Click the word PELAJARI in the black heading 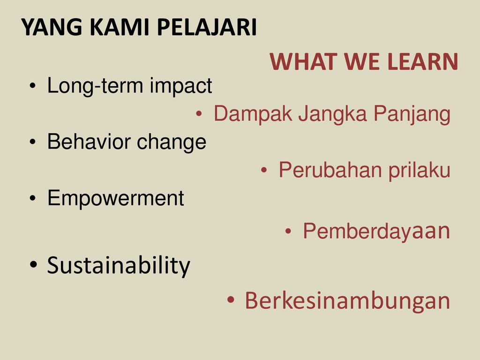[x=207, y=27]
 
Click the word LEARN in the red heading [x=422, y=61]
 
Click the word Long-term [x=95, y=86]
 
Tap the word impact [x=181, y=86]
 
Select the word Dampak [x=253, y=114]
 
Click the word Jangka [x=332, y=114]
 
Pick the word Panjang [x=412, y=114]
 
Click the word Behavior [x=89, y=142]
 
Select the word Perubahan [x=330, y=170]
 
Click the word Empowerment [x=116, y=198]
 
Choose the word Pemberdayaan [x=376, y=231]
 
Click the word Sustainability [x=119, y=266]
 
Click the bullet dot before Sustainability [x=33, y=264]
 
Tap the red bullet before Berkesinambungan [x=231, y=300]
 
